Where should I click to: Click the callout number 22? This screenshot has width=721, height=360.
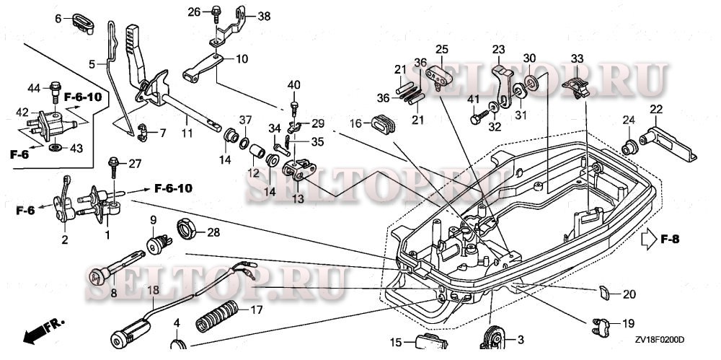click(655, 109)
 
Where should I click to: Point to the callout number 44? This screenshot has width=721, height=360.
click(34, 88)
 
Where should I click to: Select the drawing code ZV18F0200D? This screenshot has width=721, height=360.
click(659, 339)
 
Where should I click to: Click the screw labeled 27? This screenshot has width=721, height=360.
click(113, 167)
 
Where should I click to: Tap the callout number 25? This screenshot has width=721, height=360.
click(441, 49)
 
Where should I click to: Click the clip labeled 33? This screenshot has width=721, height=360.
click(577, 86)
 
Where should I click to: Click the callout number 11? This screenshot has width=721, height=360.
click(187, 134)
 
